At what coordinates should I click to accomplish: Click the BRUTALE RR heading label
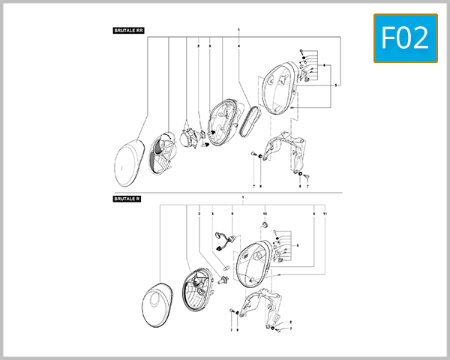tap(129, 31)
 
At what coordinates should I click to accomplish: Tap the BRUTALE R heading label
tap(127, 199)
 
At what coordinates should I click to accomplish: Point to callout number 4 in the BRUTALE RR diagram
tap(239, 46)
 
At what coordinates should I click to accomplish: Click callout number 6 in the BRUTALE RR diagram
tap(324, 66)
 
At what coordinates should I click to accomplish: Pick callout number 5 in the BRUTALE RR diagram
tap(335, 85)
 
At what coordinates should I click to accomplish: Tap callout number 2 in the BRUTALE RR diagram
tap(199, 46)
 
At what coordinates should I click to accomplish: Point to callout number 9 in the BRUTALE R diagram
tap(232, 214)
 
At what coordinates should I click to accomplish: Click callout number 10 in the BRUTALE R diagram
tap(265, 214)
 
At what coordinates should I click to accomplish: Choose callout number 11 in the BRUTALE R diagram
tap(325, 214)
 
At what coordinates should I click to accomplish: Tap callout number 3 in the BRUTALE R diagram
tap(213, 214)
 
